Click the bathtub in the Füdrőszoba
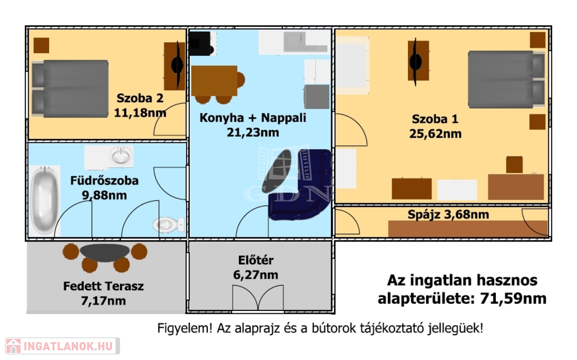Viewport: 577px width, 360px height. click(x=45, y=200)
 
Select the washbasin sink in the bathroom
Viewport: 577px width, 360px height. click(x=121, y=156)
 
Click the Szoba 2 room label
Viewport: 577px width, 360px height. click(x=140, y=98)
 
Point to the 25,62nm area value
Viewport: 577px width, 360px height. click(x=436, y=134)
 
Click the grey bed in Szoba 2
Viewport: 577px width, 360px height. click(x=70, y=88)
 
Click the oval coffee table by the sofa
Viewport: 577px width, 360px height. click(x=277, y=169)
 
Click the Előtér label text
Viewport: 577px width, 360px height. click(x=256, y=260)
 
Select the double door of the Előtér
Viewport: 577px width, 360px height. click(x=258, y=297)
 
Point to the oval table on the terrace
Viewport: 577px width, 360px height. click(x=105, y=252)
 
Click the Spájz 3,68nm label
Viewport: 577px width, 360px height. click(x=448, y=215)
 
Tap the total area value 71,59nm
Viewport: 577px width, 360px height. click(x=513, y=299)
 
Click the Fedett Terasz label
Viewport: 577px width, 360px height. click(x=104, y=286)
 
